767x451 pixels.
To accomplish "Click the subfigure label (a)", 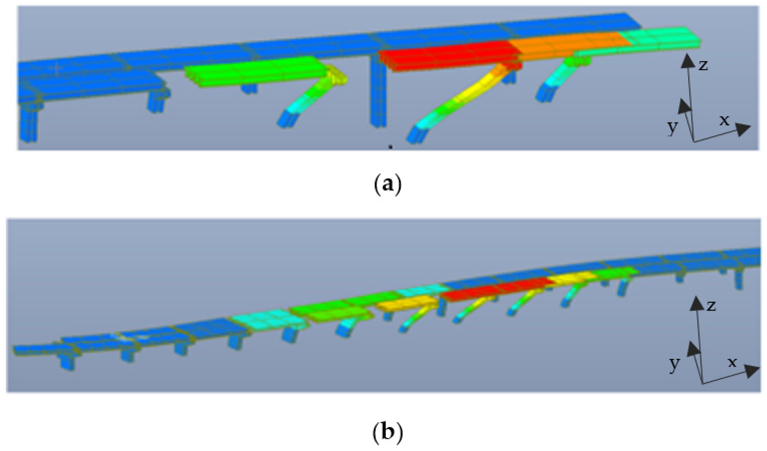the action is [387, 185].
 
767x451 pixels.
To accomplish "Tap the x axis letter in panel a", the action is [724, 120].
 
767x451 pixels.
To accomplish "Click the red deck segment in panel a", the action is [447, 56].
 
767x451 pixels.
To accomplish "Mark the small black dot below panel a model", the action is [391, 147].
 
